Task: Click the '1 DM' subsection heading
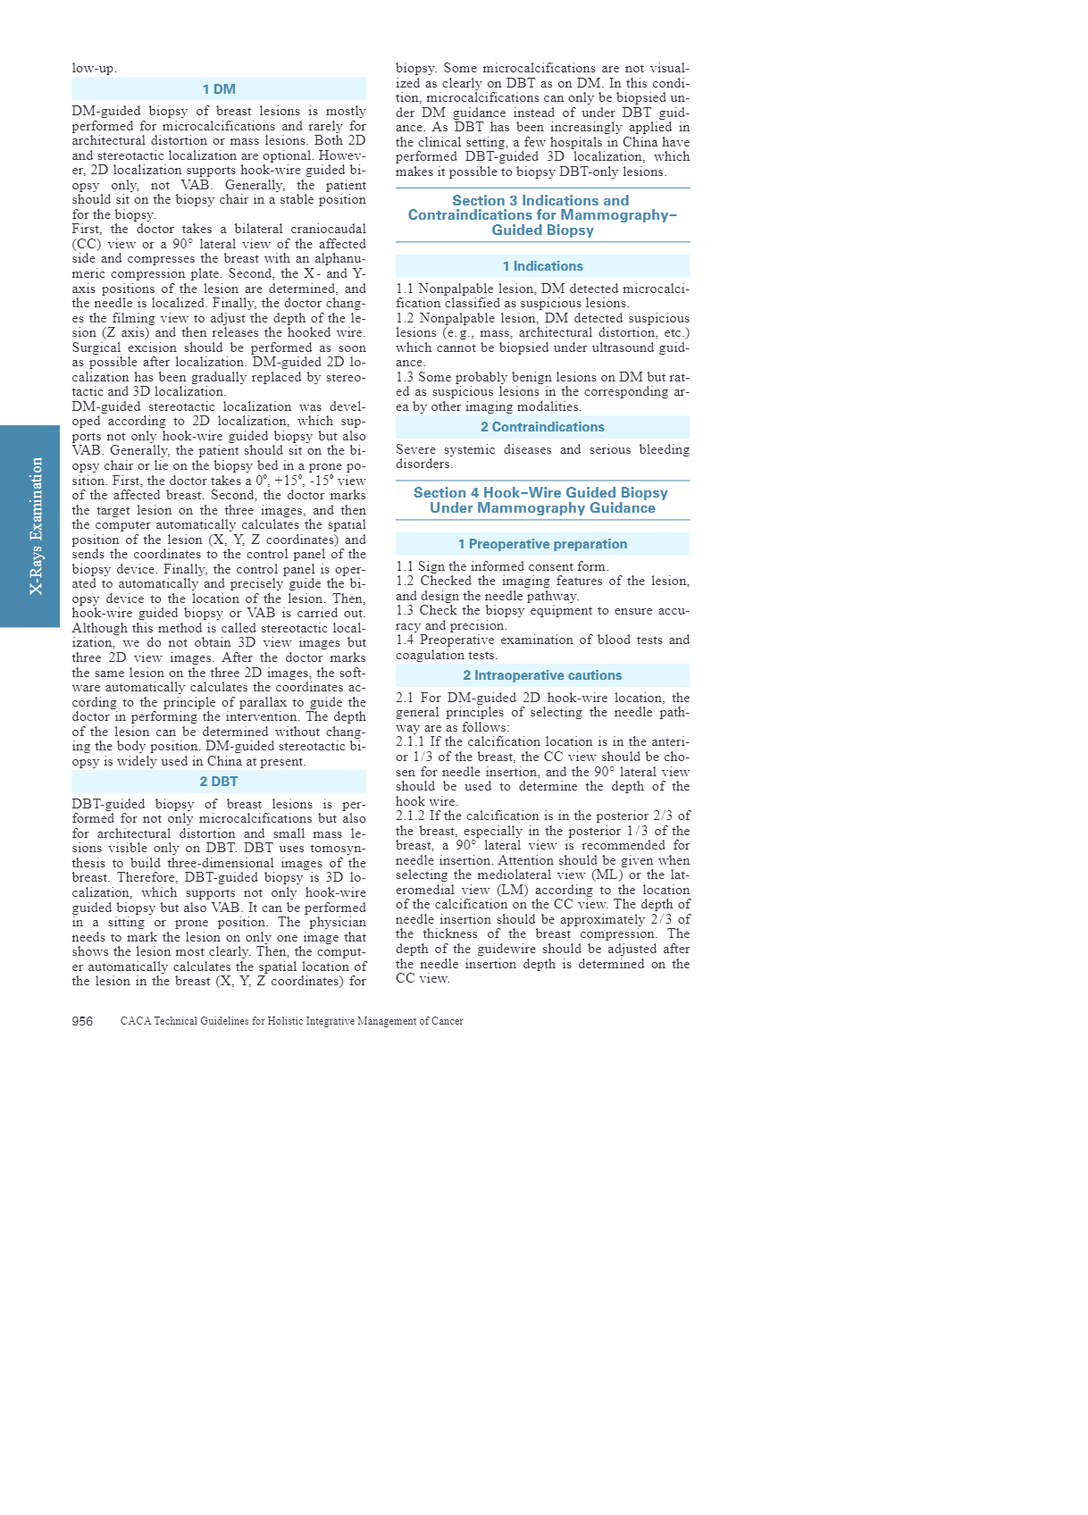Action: click(x=219, y=89)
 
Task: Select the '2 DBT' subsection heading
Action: click(x=219, y=782)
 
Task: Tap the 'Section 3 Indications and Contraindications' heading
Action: click(x=542, y=215)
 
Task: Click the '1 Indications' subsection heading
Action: click(x=542, y=266)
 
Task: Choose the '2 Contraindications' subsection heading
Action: click(x=542, y=427)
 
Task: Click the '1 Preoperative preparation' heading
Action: click(x=542, y=544)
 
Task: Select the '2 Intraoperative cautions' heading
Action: click(x=542, y=675)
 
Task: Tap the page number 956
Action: click(x=82, y=1021)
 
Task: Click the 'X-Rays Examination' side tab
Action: click(x=36, y=526)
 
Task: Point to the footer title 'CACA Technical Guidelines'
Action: click(x=291, y=1021)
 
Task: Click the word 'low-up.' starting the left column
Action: click(x=94, y=69)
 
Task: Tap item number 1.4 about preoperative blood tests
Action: click(x=406, y=640)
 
